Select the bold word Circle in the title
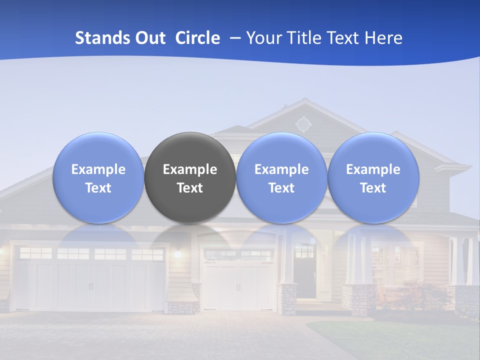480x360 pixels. [197, 38]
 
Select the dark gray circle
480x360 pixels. [190, 177]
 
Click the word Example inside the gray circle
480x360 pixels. [190, 169]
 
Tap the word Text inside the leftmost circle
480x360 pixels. [98, 188]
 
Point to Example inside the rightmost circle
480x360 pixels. [373, 169]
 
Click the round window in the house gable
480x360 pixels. [302, 123]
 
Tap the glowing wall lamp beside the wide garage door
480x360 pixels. [176, 253]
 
